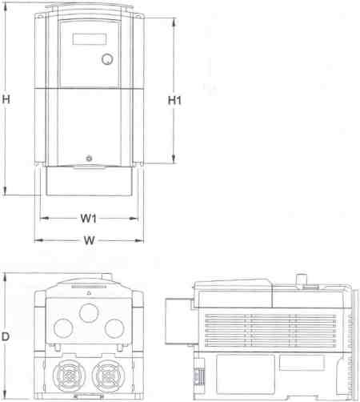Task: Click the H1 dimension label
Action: tap(175, 100)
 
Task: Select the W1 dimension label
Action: tap(89, 219)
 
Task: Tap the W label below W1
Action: tap(89, 240)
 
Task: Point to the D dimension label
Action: tap(6, 337)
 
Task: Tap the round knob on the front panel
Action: tap(107, 59)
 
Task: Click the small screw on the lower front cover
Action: tap(89, 158)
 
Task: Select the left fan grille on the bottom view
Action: tap(67, 374)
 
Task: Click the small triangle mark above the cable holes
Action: tap(88, 293)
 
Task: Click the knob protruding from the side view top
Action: tap(302, 279)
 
